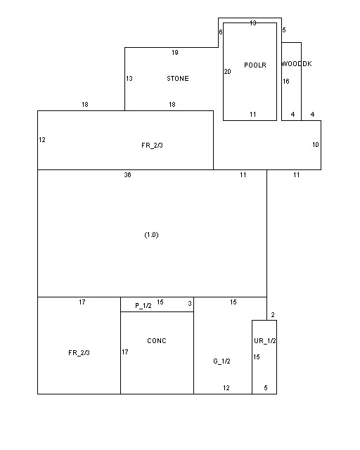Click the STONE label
tap(178, 78)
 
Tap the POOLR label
tap(255, 65)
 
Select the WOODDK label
tap(297, 64)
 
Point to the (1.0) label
tap(151, 235)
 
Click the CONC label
tap(157, 340)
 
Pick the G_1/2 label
tap(221, 361)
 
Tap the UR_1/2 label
tap(264, 340)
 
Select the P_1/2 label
tap(143, 306)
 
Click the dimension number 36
tap(127, 175)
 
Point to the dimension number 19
tap(175, 53)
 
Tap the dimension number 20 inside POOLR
tap(227, 72)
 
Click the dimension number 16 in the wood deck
tap(286, 82)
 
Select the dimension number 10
tap(316, 145)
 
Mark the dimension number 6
tap(221, 32)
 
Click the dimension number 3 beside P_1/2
tap(189, 303)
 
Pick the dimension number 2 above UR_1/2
tap(273, 315)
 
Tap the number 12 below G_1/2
tap(226, 388)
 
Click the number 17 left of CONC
tap(125, 352)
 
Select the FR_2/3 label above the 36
tap(152, 146)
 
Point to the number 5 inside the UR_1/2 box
tap(266, 388)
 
